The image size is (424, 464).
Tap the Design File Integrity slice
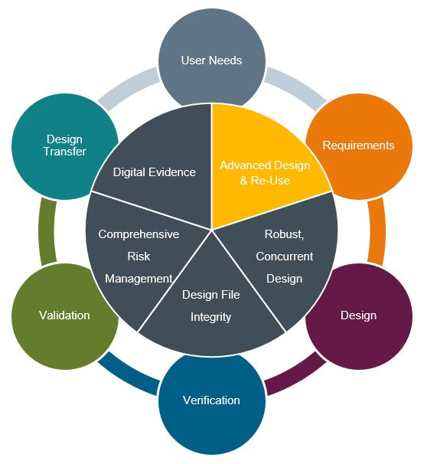(x=211, y=308)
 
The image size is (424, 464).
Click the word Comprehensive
(x=139, y=234)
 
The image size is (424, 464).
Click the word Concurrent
(x=285, y=257)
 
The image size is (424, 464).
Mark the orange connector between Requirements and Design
(x=377, y=230)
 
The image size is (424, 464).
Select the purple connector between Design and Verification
(x=296, y=374)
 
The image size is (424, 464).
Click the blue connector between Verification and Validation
(x=128, y=374)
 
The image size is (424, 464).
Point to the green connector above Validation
(x=47, y=230)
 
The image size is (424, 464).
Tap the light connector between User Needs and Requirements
(x=296, y=88)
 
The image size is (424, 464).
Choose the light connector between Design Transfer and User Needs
(x=128, y=88)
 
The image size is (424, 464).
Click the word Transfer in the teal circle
(x=65, y=152)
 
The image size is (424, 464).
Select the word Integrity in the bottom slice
(x=210, y=317)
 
